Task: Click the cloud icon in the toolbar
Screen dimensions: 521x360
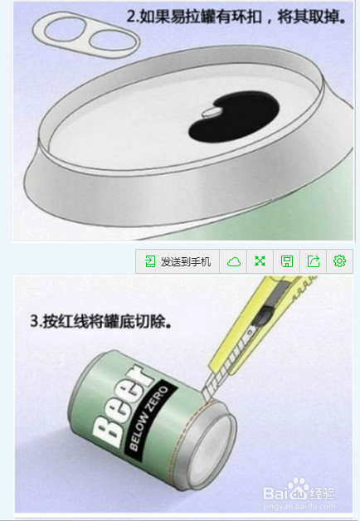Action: (234, 261)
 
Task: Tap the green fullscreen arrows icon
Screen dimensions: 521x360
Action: (260, 261)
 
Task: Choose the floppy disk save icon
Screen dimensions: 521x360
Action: (286, 261)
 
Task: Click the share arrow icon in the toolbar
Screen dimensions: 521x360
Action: (313, 261)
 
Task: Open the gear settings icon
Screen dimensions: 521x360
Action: (339, 261)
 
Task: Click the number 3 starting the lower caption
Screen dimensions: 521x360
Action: (34, 321)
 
